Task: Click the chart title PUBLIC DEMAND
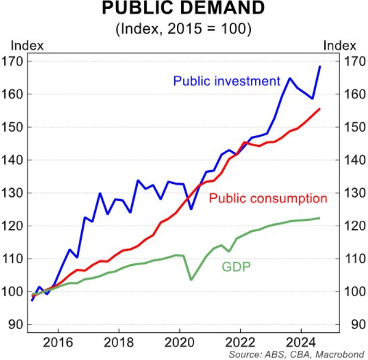[183, 9]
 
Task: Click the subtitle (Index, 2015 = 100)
[183, 29]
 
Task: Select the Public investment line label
[226, 81]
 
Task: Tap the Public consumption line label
[268, 198]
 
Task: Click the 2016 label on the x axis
[58, 343]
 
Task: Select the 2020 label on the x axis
[180, 343]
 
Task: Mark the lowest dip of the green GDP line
[191, 280]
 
